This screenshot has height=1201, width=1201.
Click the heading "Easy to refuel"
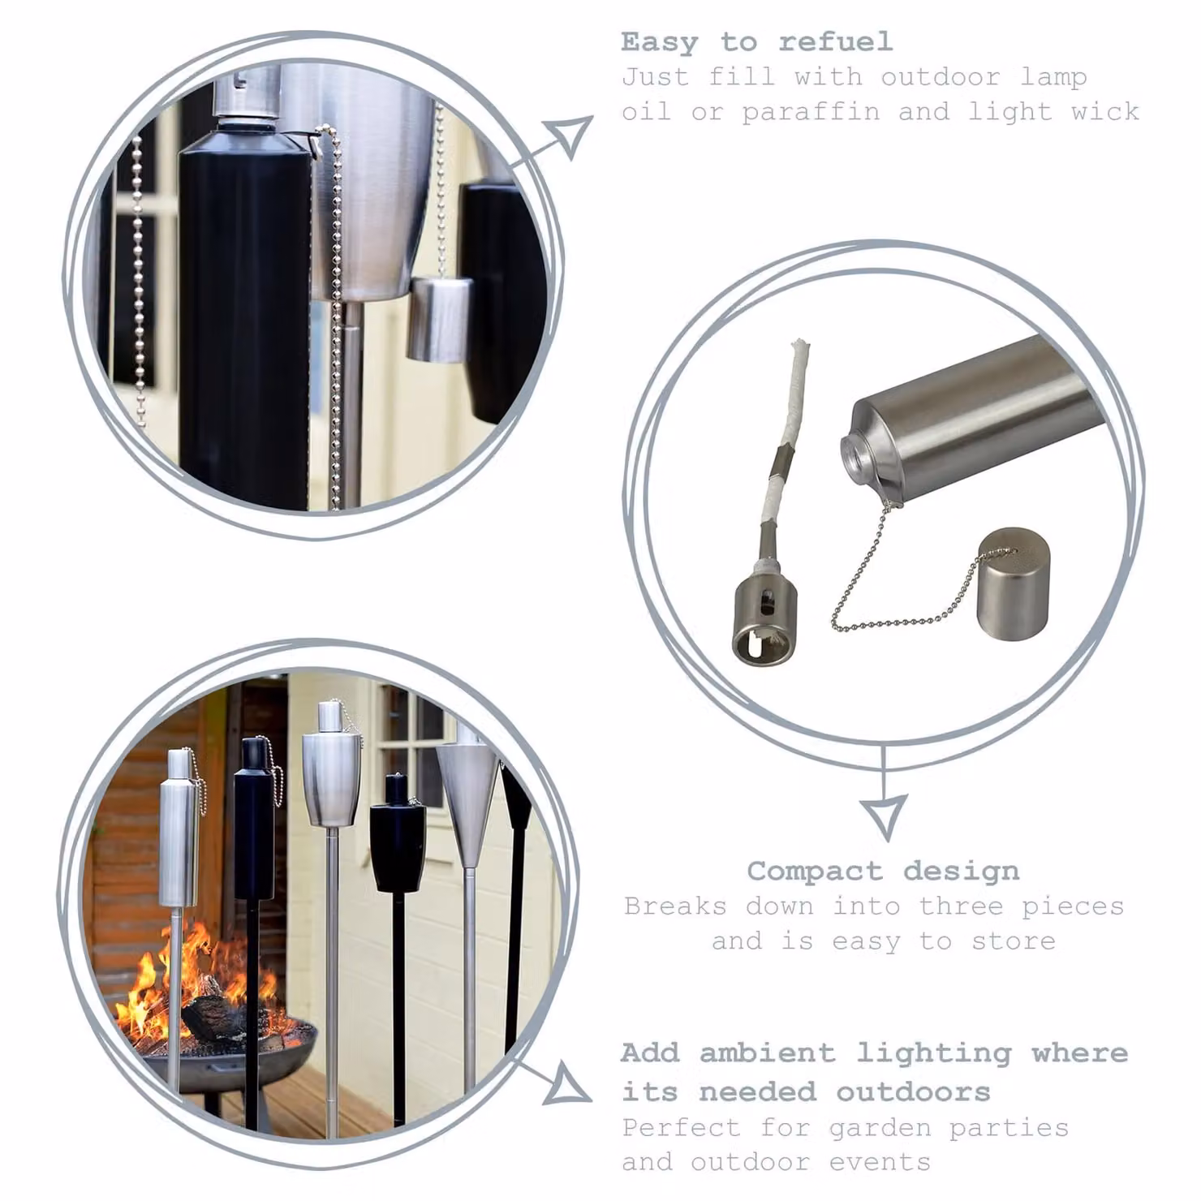pyautogui.click(x=756, y=41)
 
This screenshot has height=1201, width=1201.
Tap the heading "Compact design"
pyautogui.click(x=883, y=872)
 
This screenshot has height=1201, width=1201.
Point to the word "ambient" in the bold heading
pyautogui.click(x=767, y=1052)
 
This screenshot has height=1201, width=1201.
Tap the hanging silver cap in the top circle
pyautogui.click(x=439, y=319)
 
